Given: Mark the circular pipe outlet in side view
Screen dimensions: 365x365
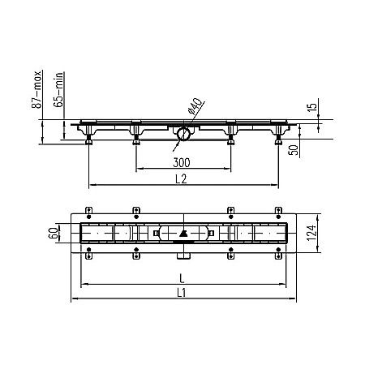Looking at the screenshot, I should click(185, 132).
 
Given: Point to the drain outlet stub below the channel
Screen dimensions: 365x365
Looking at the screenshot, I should click(183, 259).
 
